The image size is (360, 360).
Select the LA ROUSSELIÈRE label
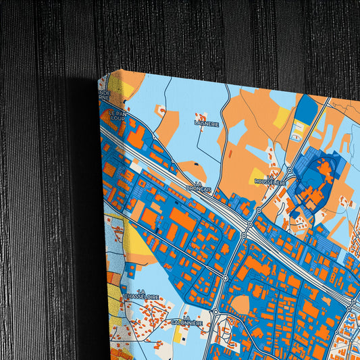(x=270, y=180)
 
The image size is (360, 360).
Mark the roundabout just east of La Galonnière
(x=215, y=312)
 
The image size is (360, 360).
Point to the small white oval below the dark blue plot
(x=296, y=137)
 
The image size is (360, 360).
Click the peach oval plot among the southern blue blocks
(x=241, y=305)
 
